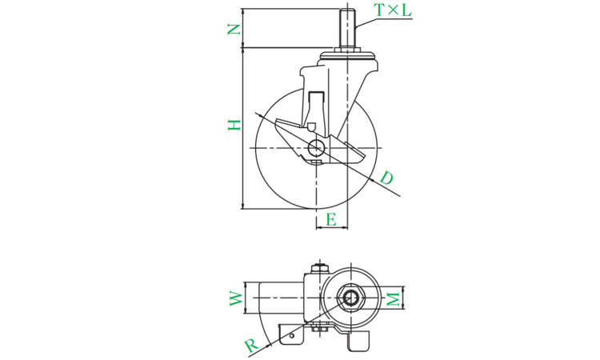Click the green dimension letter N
coord(234,29)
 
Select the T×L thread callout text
coord(393,10)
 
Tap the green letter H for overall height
coord(234,125)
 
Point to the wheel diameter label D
coord(386,178)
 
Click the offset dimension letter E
coord(331,220)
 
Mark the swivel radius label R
coord(251,345)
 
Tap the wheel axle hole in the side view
coord(317,148)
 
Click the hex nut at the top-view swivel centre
coord(350,298)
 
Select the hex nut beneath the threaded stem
coord(347,50)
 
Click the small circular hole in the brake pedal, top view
coord(292,336)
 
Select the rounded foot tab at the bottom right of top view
coord(359,342)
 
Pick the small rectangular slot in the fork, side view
coord(317,97)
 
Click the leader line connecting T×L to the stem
coord(365,23)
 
